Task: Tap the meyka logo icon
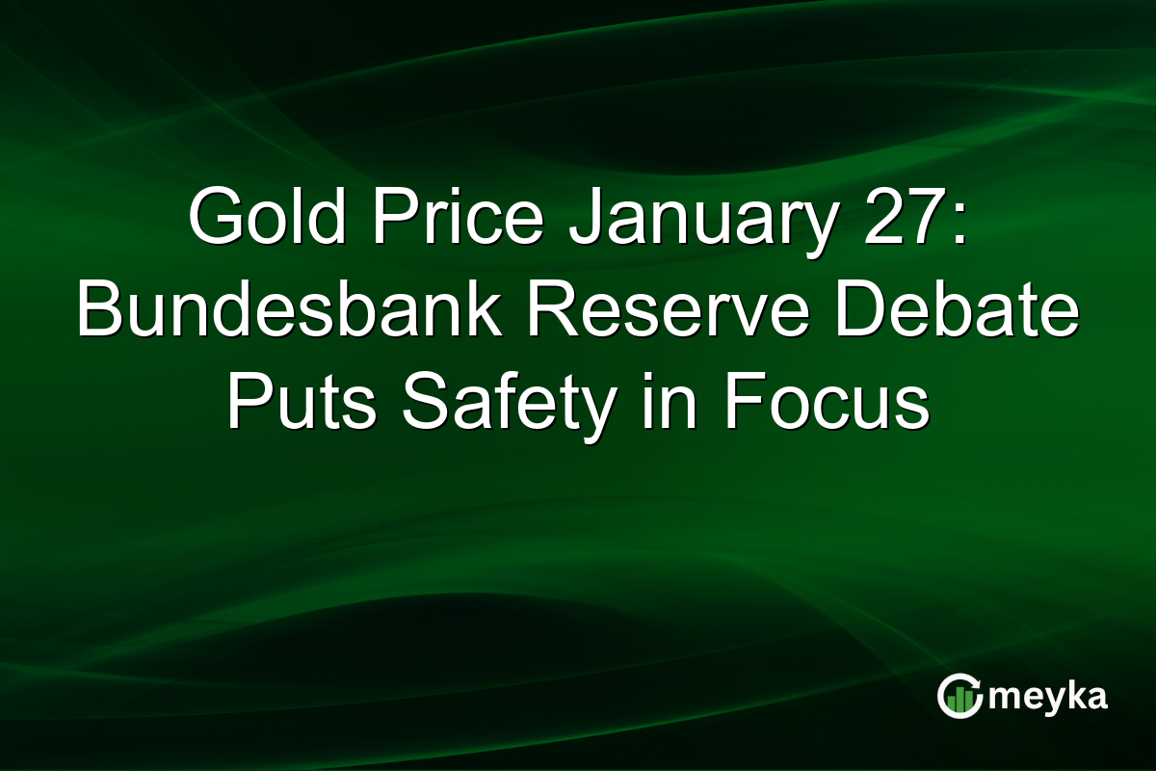tap(959, 697)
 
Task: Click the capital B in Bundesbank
tap(97, 314)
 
